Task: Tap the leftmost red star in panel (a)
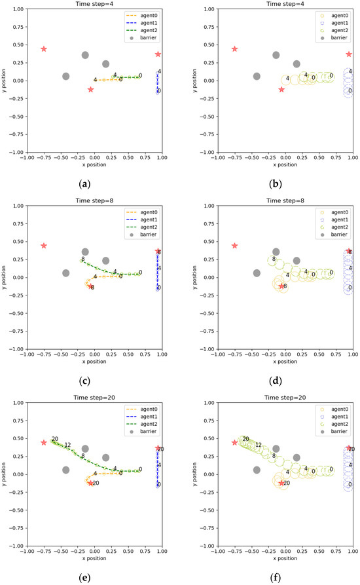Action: point(44,49)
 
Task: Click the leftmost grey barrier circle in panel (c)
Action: point(65,273)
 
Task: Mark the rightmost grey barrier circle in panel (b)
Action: point(297,64)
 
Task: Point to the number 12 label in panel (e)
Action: point(67,445)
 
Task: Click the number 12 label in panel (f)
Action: point(258,445)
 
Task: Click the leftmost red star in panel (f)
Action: point(234,442)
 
